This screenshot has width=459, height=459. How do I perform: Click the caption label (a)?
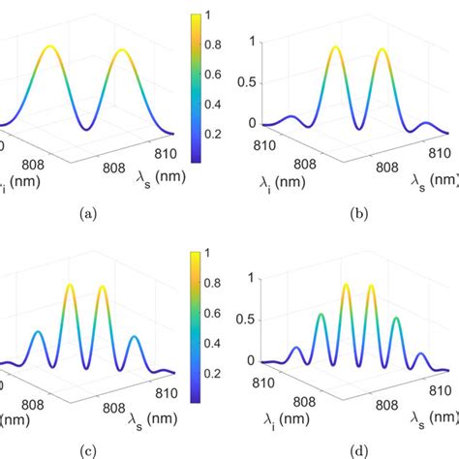tap(89, 216)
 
